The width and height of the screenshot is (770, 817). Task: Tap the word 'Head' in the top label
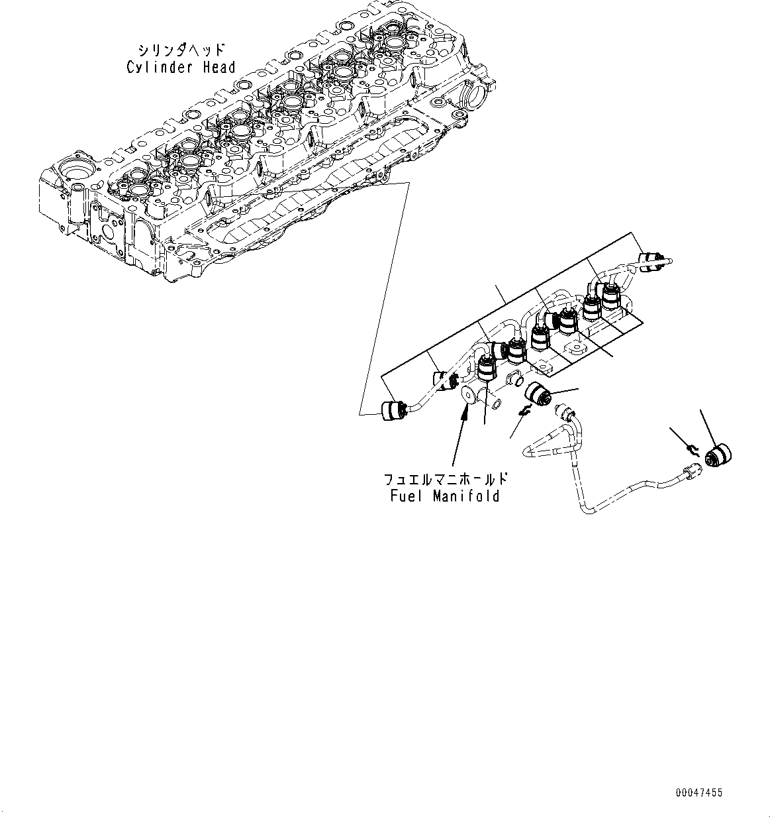click(217, 67)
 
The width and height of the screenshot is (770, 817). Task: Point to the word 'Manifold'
click(466, 496)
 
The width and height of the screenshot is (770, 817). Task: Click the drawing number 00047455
click(699, 792)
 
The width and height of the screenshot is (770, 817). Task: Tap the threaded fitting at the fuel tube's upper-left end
click(566, 415)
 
